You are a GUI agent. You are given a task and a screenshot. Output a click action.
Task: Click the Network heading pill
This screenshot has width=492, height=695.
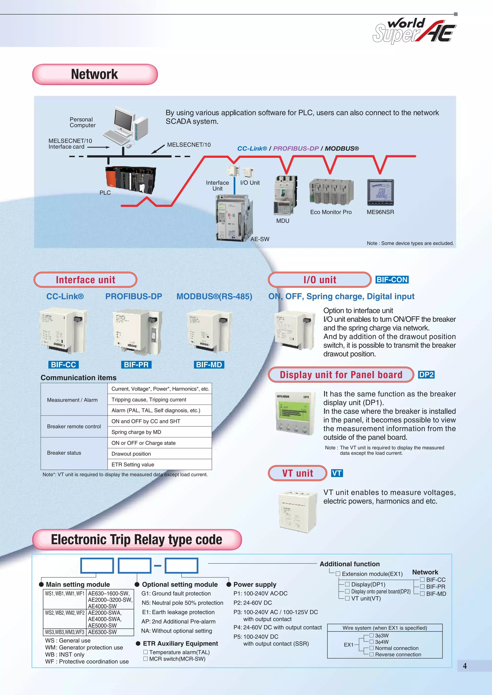[95, 74]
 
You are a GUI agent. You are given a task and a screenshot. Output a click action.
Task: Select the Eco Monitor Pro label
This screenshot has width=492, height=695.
[331, 212]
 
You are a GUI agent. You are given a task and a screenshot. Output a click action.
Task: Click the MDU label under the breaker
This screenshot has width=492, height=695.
[283, 221]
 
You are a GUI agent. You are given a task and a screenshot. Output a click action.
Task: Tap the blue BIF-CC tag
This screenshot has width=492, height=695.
[63, 365]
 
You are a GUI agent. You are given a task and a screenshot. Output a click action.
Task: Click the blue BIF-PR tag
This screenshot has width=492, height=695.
[136, 365]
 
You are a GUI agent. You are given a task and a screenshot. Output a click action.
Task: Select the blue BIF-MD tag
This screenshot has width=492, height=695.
[209, 365]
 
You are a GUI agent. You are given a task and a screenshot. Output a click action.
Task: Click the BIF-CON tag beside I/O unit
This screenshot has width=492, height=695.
[392, 280]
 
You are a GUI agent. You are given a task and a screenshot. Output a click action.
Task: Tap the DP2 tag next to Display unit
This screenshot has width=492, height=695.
[426, 375]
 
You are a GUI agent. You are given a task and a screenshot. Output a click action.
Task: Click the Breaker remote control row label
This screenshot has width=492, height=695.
[74, 426]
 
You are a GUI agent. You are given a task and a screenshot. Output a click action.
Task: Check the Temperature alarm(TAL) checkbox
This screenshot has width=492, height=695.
[146, 652]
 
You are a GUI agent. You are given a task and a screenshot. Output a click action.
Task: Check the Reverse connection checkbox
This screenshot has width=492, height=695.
[371, 654]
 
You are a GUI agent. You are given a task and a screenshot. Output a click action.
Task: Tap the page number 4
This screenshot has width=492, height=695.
[465, 666]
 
